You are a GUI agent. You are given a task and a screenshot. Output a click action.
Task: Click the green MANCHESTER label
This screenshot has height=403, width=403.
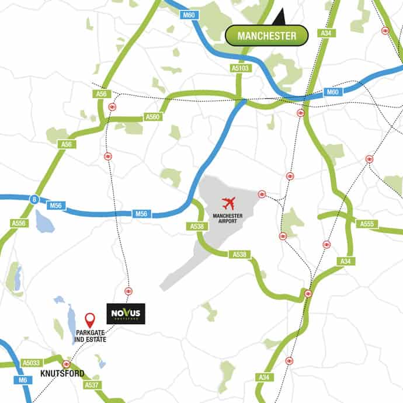266,36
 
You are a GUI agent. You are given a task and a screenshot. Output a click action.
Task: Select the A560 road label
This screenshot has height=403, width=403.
152,117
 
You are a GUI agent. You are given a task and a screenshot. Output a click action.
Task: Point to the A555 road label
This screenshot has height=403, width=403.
366,224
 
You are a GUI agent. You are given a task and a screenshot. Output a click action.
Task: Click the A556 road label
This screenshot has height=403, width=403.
19,223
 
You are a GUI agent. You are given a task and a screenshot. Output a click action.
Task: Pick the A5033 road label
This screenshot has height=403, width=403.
32,363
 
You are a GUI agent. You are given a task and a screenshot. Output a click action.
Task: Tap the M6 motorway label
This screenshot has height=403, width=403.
23,380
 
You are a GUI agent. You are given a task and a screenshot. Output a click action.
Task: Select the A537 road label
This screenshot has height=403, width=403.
91,385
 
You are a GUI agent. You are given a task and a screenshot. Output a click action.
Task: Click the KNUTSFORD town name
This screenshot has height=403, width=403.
62,374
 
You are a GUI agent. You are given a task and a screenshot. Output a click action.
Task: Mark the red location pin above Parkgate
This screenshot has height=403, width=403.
90,320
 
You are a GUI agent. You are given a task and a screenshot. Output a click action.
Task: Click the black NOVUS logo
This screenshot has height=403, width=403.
126,314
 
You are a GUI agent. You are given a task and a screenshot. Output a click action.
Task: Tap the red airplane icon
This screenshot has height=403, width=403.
228,204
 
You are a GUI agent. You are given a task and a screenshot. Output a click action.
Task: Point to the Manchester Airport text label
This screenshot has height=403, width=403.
228,218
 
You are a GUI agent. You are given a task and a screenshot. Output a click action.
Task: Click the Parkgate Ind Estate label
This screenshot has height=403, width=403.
90,336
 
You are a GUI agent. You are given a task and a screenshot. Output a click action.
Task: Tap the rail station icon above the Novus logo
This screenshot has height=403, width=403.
128,291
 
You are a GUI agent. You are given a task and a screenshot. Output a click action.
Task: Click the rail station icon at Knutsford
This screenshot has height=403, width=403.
66,364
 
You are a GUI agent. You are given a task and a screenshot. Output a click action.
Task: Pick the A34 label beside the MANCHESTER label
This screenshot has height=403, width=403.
326,33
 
